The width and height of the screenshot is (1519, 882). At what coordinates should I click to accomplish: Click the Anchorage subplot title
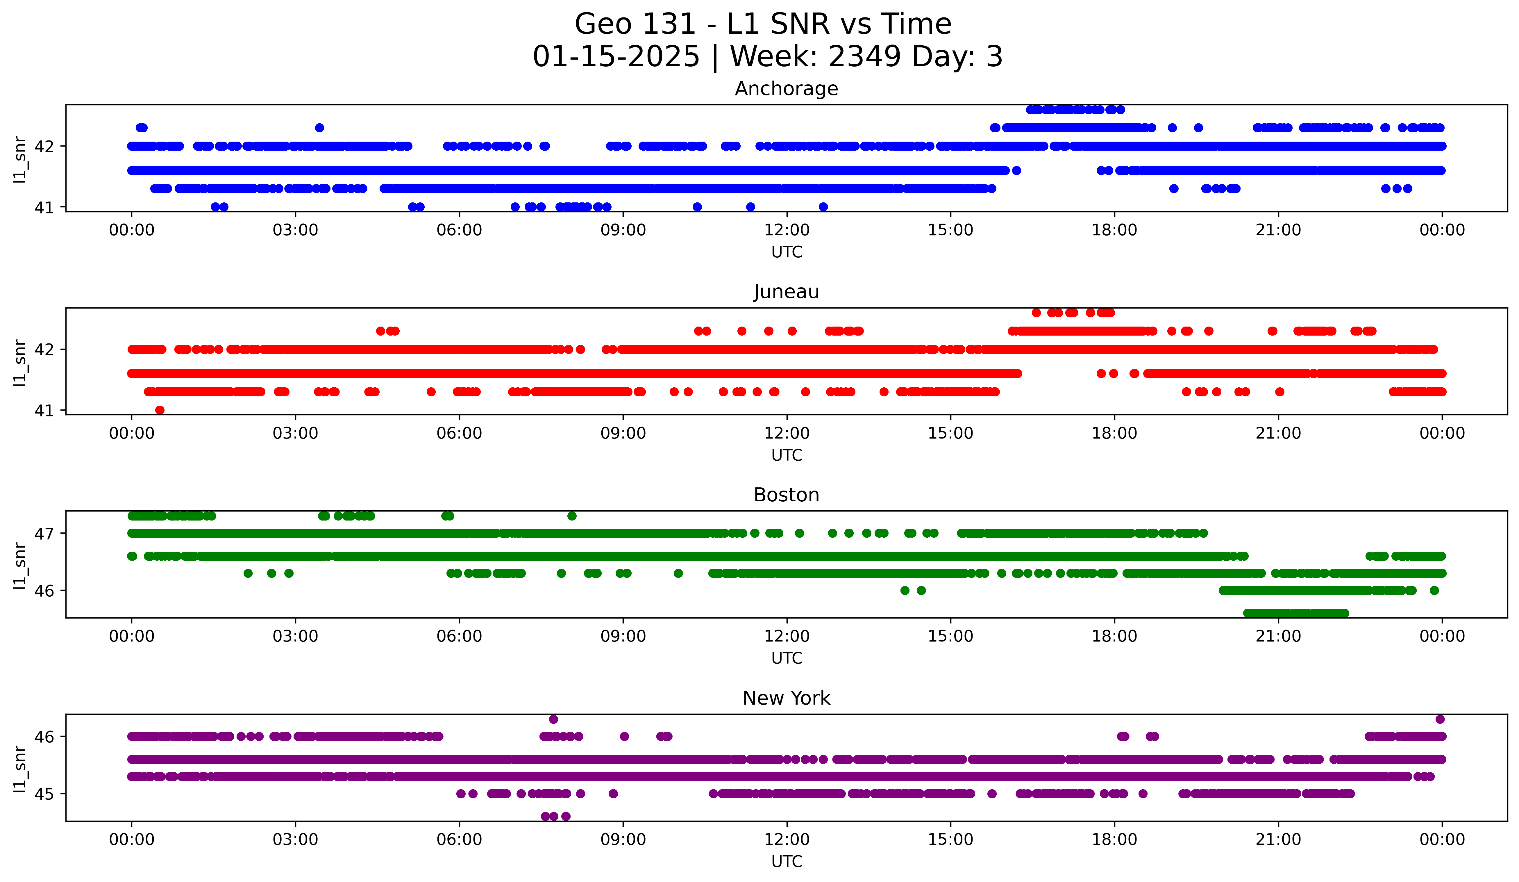786,89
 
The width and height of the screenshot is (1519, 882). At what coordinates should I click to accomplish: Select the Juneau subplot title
786,292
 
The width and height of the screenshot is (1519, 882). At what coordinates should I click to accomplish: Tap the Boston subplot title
786,495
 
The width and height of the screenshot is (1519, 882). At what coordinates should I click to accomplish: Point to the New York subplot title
786,698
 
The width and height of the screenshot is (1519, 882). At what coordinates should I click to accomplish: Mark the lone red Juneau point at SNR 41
160,410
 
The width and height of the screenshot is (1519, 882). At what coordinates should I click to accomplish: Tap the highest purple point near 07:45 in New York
553,719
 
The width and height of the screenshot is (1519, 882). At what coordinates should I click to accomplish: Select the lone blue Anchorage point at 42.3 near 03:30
319,128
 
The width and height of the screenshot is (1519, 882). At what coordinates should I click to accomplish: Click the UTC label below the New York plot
787,862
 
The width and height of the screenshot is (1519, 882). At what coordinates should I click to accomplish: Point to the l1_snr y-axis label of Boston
20,566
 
